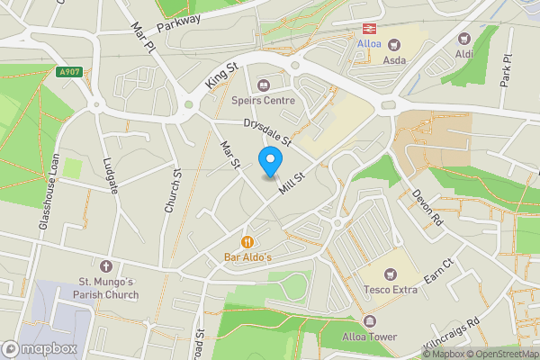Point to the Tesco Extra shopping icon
tap(390, 274)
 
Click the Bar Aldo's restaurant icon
tap(247, 241)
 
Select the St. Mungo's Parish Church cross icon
tap(106, 266)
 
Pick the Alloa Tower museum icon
tap(369, 321)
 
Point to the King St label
tap(220, 75)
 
